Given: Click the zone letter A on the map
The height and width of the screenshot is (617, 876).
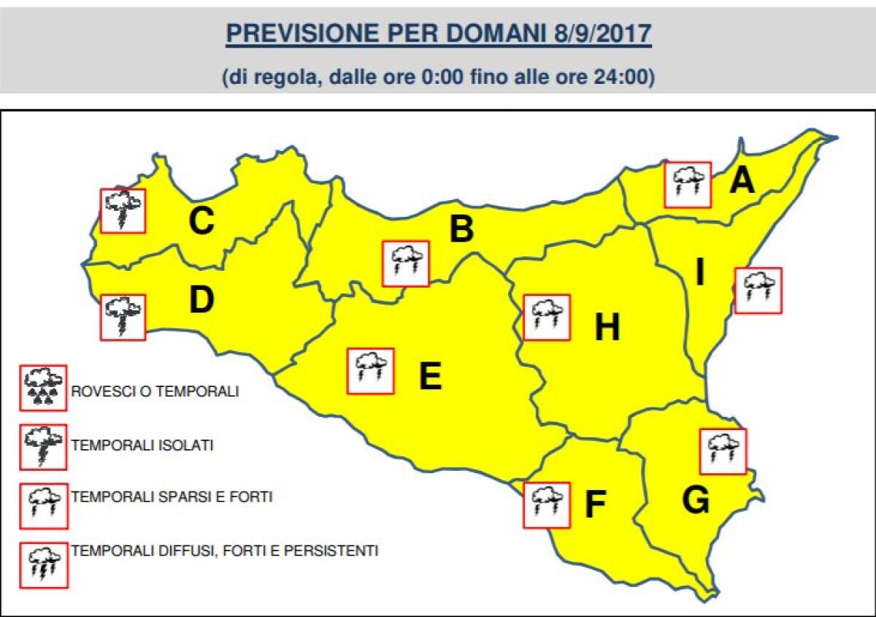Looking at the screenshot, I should (742, 180).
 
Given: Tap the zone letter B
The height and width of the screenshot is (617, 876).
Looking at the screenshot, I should (461, 230).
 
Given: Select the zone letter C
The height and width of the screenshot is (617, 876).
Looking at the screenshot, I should (201, 222).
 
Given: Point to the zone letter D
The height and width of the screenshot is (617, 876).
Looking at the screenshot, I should (201, 299).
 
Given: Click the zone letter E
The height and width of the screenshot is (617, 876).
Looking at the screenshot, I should (430, 377).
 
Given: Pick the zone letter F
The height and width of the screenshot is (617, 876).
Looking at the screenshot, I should (596, 506).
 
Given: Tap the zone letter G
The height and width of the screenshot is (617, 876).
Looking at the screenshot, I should (696, 500).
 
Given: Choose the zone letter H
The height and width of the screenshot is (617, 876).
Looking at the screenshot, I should (607, 328).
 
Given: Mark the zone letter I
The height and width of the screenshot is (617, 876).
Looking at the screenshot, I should (699, 274).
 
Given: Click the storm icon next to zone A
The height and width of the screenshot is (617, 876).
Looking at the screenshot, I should (688, 185).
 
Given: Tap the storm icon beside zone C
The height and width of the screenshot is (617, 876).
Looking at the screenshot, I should (123, 211).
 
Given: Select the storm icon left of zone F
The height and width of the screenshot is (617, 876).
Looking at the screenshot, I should (547, 505).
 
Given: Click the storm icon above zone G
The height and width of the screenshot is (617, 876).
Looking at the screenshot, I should (723, 451).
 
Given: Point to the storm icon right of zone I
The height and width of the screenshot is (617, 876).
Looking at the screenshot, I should (758, 291).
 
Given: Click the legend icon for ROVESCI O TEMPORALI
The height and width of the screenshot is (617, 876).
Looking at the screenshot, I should (44, 387).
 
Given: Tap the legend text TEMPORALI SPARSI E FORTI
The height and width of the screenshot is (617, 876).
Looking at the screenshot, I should (172, 497).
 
